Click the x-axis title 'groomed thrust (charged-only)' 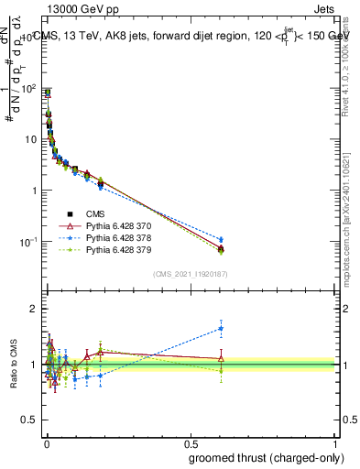coord(266,457)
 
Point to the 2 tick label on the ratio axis coord(35,309)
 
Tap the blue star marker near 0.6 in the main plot coord(221,240)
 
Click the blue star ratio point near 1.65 coord(221,328)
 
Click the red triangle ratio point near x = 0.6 coord(221,358)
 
